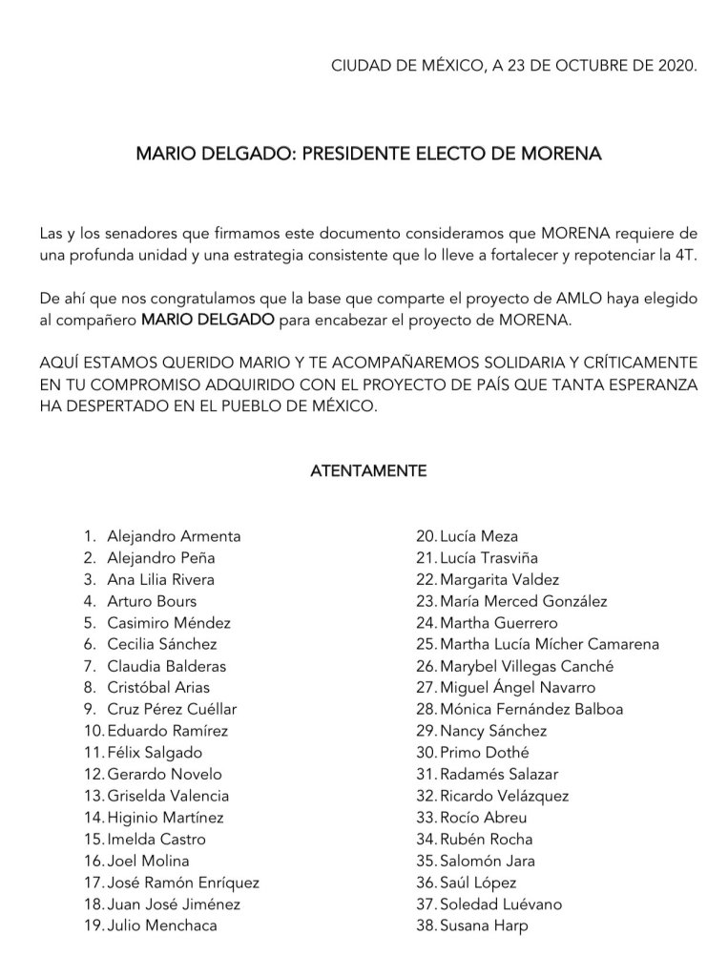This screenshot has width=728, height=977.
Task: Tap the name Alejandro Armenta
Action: coord(174,536)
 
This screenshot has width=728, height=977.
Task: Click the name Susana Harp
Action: coord(484,925)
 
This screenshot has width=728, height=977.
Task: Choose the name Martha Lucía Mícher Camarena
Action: coord(550,644)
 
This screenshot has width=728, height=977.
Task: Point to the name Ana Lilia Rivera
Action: coord(160,579)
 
